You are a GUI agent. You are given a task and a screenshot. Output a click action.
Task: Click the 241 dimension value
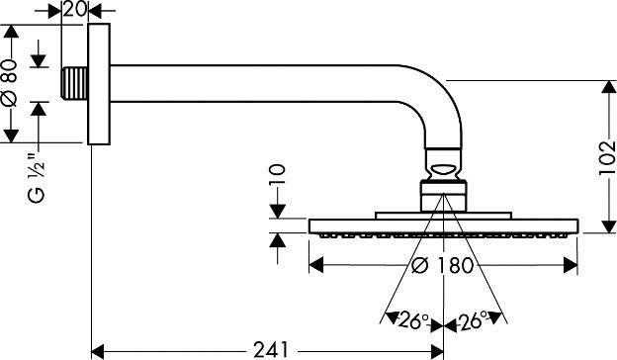pos(269,348)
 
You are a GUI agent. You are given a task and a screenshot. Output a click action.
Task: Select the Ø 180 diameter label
pos(443,265)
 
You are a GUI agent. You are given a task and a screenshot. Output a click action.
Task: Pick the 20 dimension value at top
pos(75,10)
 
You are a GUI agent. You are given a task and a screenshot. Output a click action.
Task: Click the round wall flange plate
pos(97,87)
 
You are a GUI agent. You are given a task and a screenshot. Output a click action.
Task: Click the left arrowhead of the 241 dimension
pos(99,349)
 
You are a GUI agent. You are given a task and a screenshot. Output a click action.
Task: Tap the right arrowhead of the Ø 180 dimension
pos(571,265)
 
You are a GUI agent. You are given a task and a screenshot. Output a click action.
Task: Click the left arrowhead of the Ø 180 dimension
pos(316,265)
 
